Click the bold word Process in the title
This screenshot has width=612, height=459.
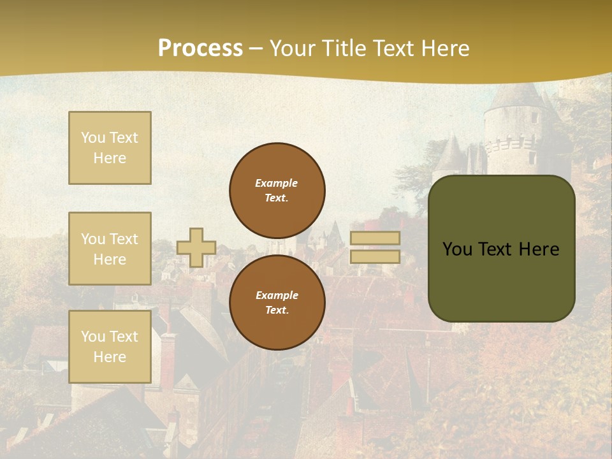click(200, 48)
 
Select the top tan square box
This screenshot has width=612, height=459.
click(110, 148)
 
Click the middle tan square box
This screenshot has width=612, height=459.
click(110, 249)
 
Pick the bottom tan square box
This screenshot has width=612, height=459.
click(110, 347)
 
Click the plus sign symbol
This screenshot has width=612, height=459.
click(196, 247)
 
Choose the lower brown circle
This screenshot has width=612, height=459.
click(277, 302)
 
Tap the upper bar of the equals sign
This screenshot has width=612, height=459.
click(375, 238)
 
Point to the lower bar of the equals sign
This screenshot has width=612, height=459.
click(375, 256)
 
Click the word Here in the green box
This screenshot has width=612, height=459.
click(538, 249)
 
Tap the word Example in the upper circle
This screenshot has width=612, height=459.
click(277, 183)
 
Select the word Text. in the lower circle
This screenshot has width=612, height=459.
click(277, 310)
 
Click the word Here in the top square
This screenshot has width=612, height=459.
click(110, 158)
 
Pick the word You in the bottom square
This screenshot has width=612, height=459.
click(92, 337)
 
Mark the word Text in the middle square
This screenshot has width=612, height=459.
click(123, 239)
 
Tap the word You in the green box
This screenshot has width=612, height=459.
click(457, 249)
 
